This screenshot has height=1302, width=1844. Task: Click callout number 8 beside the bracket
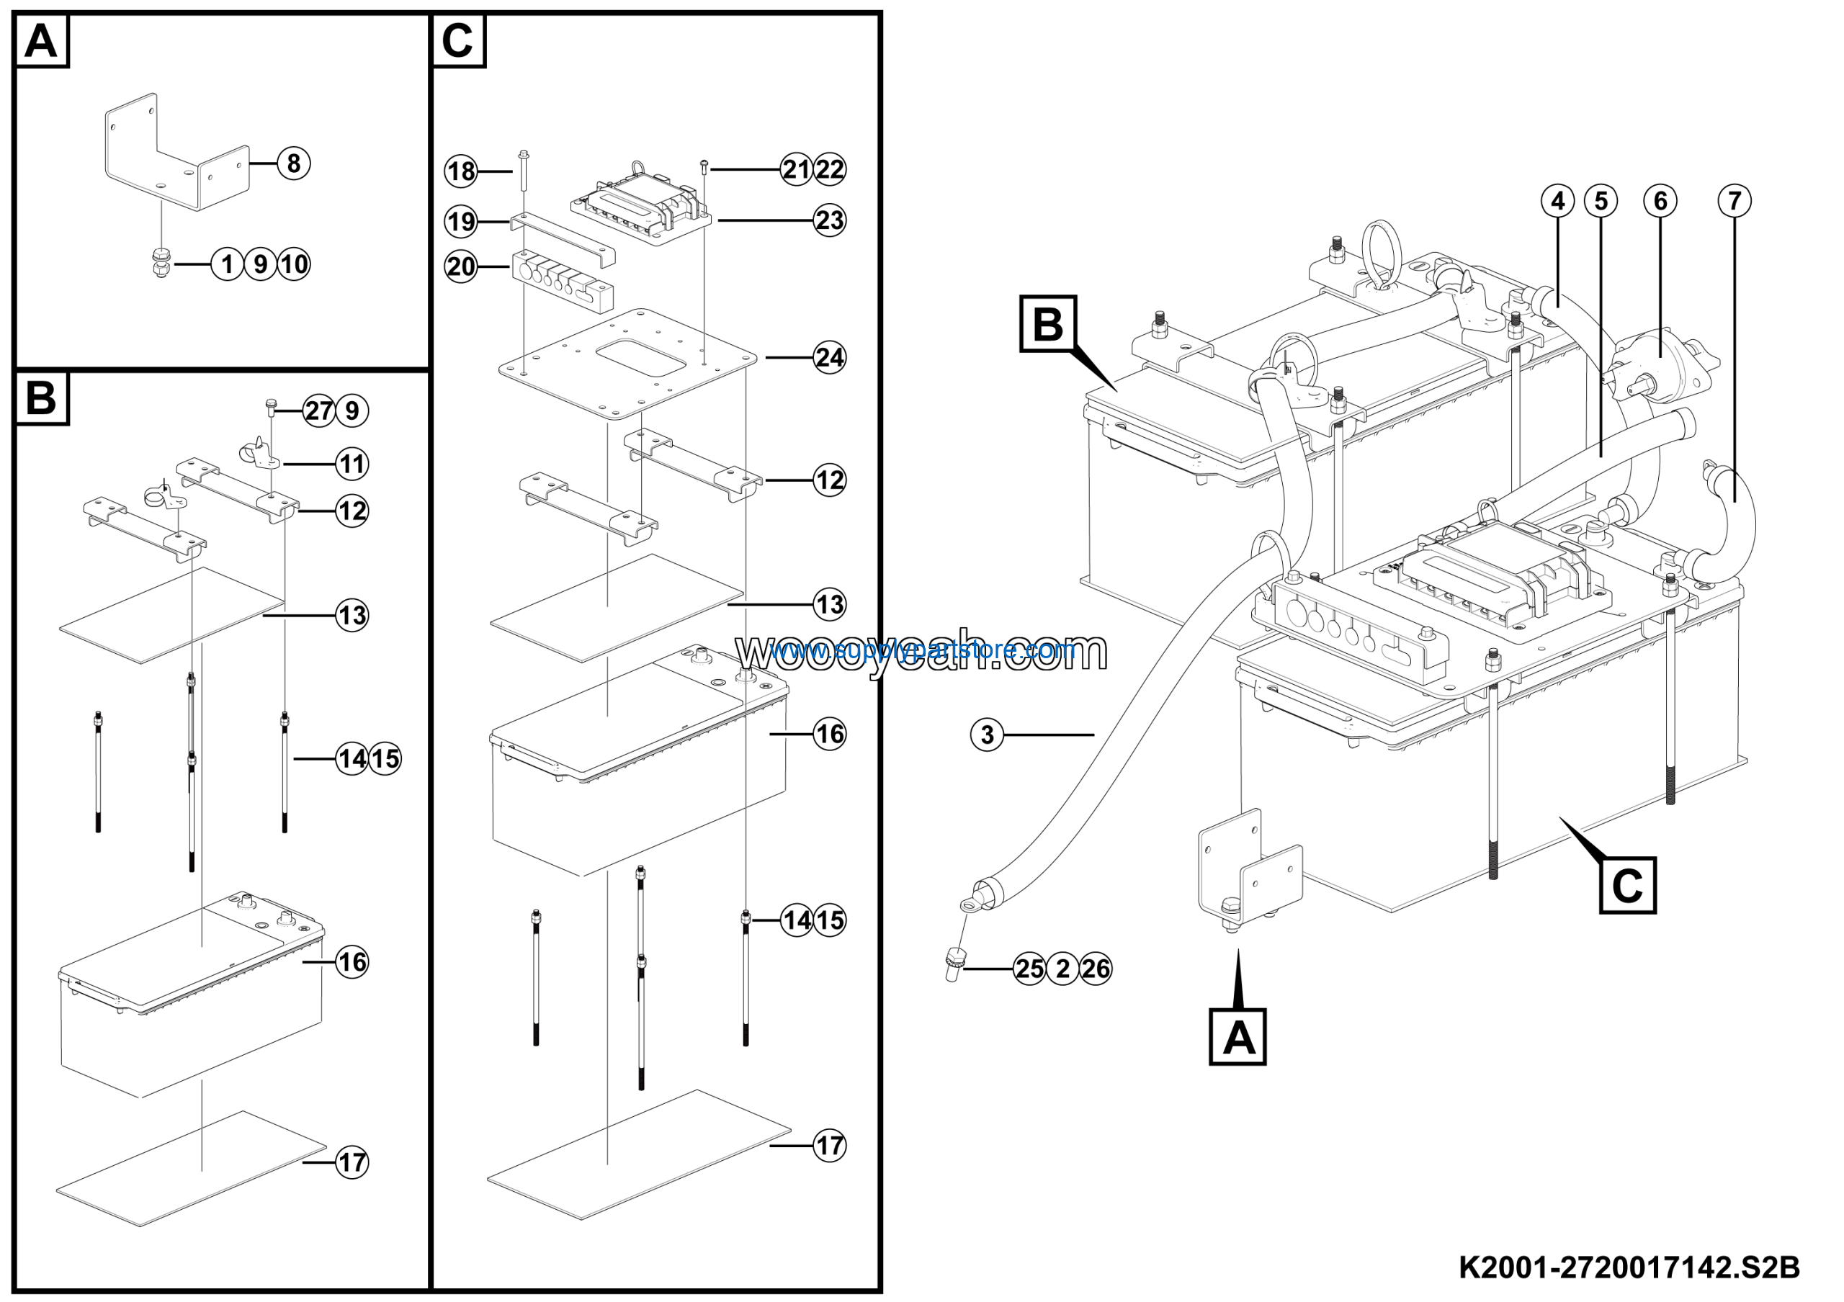click(293, 163)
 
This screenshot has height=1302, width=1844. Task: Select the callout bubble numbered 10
click(294, 264)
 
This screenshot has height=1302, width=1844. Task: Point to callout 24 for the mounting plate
click(829, 357)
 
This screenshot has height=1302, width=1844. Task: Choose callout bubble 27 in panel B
click(319, 411)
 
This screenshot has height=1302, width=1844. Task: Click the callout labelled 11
click(352, 463)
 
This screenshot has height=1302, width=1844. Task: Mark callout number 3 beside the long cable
click(987, 735)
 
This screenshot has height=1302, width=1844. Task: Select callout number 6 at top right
click(1660, 201)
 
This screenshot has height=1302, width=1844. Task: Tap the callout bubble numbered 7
click(1734, 201)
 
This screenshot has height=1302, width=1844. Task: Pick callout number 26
click(1096, 969)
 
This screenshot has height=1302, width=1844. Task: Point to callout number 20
click(461, 266)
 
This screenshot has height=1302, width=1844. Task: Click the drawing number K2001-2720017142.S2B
click(1629, 1267)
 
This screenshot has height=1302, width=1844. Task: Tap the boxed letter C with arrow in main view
click(1627, 885)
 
